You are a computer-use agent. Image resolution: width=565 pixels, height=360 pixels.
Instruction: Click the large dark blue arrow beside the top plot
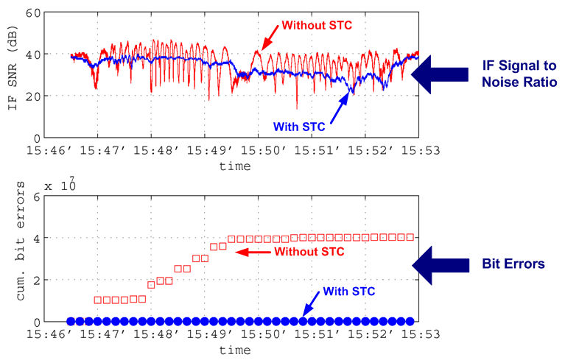pos(440,74)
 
